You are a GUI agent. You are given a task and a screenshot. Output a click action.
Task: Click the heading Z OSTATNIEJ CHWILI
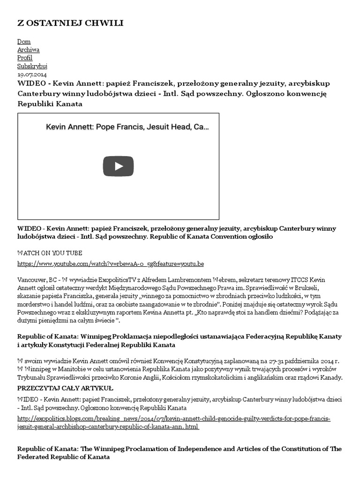coord(70,23)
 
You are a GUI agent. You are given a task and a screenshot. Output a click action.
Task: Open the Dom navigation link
coord(24,42)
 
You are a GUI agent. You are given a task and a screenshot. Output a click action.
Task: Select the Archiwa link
coord(28,50)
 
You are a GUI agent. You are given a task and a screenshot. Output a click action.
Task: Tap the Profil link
coord(25,58)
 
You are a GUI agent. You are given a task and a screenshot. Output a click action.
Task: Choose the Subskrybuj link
coord(32,66)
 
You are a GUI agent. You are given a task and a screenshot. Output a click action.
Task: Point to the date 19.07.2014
coord(32,74)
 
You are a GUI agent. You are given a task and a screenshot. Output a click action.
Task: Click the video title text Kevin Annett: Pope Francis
coord(127,127)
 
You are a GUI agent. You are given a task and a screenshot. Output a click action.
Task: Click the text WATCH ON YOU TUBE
coord(50,253)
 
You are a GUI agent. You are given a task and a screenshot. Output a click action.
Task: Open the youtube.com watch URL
coord(111,264)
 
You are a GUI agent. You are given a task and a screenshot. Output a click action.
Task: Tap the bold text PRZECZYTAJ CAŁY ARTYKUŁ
coord(65,388)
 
